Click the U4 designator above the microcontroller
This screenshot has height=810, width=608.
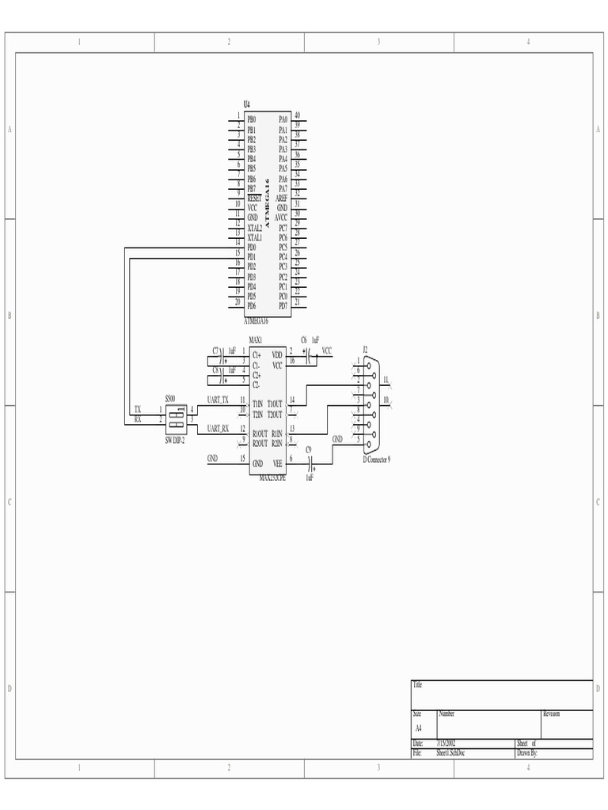coord(247,104)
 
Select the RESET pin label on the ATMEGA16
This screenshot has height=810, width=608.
coord(254,198)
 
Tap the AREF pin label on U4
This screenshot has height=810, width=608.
coord(282,198)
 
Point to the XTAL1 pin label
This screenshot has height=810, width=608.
coord(254,237)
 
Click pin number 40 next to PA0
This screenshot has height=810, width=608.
coord(297,115)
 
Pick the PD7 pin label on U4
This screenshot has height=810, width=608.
coord(283,306)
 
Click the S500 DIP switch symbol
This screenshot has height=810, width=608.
coord(176,415)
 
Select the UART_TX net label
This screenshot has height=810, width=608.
coord(218,400)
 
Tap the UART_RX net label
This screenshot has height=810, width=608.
coord(218,429)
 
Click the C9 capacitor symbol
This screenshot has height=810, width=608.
coord(309,459)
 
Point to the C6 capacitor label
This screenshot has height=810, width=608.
coord(303,339)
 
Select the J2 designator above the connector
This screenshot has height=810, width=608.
coord(365,348)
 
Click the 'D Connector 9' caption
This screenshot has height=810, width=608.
coord(377,460)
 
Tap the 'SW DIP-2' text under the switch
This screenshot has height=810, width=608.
coord(175,440)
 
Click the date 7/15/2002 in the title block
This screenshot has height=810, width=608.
coord(446,744)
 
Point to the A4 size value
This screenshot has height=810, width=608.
coord(419,728)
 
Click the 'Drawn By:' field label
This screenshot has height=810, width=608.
coord(527,754)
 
